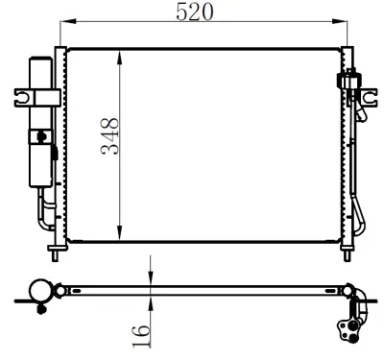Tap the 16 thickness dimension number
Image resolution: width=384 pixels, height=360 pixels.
point(140,332)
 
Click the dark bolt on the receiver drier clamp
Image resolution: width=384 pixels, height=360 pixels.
point(44,140)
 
